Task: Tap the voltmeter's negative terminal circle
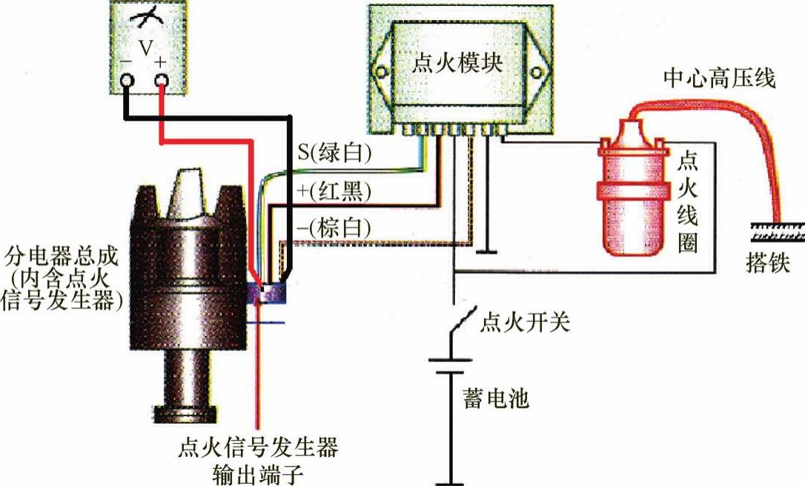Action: pos(127,81)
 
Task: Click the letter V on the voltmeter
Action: pos(145,49)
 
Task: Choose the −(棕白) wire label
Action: pos(333,229)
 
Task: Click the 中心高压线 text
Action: pos(718,78)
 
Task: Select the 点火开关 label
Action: pos(524,324)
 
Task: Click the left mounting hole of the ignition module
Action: pos(381,72)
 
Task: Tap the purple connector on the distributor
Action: pos(269,292)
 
